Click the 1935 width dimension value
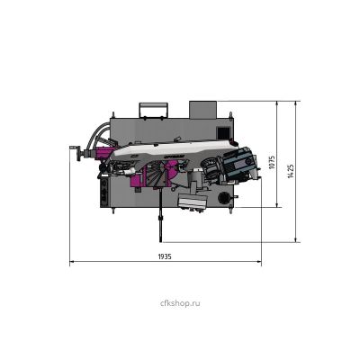click(x=165, y=256)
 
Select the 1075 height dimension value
click(x=272, y=162)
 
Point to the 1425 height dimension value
click(x=291, y=171)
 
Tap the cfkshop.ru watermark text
click(x=180, y=303)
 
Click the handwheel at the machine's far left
click(x=78, y=153)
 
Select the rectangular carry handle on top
click(x=153, y=110)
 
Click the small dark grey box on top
click(x=202, y=110)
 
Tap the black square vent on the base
click(x=223, y=132)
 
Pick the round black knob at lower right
click(x=224, y=198)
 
